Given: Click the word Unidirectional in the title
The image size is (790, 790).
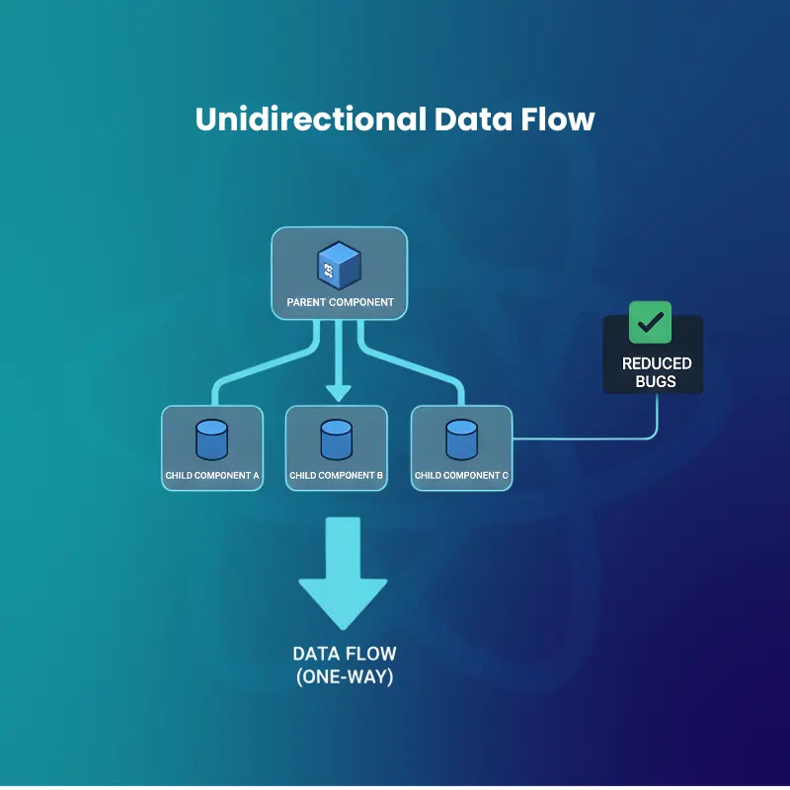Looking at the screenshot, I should pyautogui.click(x=309, y=119).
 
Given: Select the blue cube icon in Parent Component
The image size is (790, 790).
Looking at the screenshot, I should pyautogui.click(x=339, y=264).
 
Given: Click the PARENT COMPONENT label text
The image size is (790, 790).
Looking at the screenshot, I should pyautogui.click(x=340, y=302).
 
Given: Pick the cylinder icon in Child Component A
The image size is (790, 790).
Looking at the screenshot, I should pyautogui.click(x=212, y=440).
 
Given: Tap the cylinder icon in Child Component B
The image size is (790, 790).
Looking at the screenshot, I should pyautogui.click(x=337, y=440).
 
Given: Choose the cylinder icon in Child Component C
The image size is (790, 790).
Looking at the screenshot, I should pyautogui.click(x=461, y=440).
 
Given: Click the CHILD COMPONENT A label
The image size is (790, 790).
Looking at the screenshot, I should pyautogui.click(x=212, y=476).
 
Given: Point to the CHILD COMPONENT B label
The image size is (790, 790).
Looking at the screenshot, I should pyautogui.click(x=337, y=476).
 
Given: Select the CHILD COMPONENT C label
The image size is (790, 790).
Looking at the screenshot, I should pyautogui.click(x=461, y=476).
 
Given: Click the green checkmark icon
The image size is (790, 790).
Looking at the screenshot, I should pyautogui.click(x=650, y=323).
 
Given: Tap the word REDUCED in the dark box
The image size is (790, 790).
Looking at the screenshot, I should pyautogui.click(x=657, y=363).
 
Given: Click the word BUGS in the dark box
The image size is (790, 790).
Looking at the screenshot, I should pyautogui.click(x=657, y=381).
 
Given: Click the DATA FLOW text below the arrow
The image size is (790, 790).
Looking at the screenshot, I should pyautogui.click(x=344, y=654).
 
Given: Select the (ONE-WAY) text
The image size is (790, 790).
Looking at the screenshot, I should pyautogui.click(x=344, y=677).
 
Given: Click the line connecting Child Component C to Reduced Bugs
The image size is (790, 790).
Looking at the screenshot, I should pyautogui.click(x=592, y=437).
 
